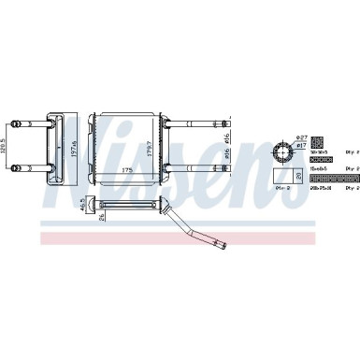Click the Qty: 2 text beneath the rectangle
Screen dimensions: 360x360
pos(282,188)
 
